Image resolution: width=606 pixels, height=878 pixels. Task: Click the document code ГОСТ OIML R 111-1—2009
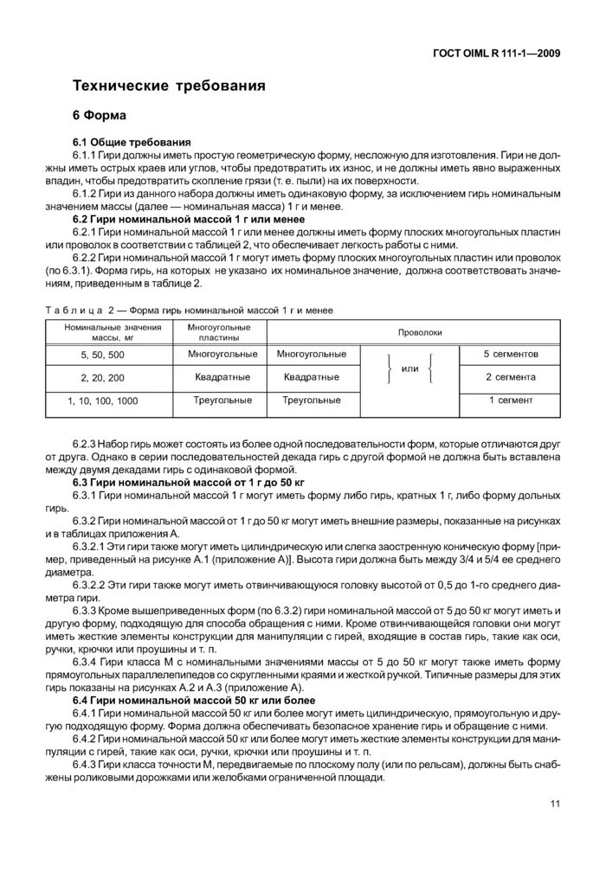496,53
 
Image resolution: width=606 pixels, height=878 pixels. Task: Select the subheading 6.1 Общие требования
131,142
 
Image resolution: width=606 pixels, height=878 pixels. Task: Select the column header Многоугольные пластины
219,332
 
